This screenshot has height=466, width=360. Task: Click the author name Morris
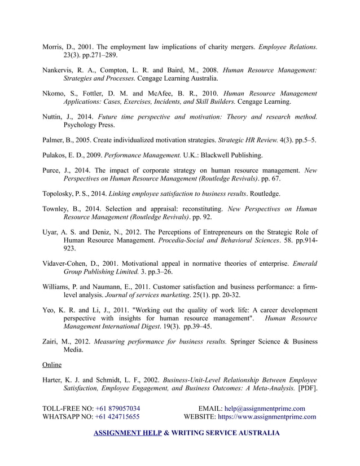click(54, 46)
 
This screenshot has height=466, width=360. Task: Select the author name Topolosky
click(62, 194)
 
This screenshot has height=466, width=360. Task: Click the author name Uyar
click(51, 231)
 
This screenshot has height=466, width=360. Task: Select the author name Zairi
click(51, 341)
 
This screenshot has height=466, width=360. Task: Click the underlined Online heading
click(52, 364)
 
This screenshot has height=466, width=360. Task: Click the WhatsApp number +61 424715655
click(117, 417)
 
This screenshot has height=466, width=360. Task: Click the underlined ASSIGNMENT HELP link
click(126, 433)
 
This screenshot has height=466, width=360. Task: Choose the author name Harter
click(55, 380)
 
